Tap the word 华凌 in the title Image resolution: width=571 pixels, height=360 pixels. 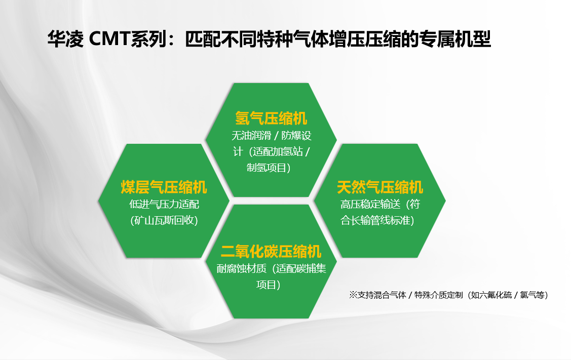point(65,39)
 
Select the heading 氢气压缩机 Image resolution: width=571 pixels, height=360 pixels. point(271,118)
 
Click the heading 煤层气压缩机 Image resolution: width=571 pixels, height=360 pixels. point(164,187)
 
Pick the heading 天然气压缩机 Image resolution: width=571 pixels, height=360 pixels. point(380,187)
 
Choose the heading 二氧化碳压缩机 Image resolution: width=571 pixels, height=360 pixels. point(271,252)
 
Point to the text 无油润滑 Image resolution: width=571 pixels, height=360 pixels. point(251,136)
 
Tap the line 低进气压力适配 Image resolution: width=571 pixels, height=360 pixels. point(164,204)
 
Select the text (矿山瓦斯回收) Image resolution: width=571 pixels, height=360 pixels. point(164,220)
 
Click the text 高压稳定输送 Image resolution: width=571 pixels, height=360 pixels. point(370,204)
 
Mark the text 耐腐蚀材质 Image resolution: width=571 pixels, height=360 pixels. point(242,269)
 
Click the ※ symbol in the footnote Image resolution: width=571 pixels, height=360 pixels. point(353,295)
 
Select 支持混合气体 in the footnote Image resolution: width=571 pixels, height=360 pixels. point(382,295)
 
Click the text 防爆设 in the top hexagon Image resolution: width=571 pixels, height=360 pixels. point(296,136)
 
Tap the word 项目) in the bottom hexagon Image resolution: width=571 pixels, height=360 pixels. point(269,285)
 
